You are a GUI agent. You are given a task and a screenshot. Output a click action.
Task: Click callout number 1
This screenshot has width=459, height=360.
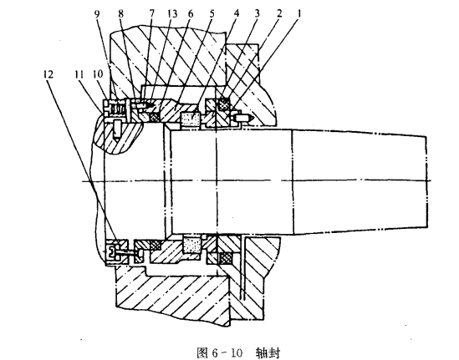click(299, 14)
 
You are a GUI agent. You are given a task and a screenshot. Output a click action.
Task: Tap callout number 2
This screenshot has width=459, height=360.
click(279, 14)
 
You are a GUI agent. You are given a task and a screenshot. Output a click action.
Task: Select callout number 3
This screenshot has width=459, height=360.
click(258, 14)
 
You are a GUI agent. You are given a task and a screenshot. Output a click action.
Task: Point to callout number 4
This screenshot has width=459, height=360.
click(237, 14)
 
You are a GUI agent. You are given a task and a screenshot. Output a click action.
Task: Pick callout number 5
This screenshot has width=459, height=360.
click(212, 14)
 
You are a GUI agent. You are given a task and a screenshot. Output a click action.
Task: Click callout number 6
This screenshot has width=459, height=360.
click(191, 14)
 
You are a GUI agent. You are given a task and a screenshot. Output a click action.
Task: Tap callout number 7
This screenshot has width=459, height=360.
click(151, 14)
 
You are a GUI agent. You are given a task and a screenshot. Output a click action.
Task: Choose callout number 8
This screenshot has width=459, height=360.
click(120, 14)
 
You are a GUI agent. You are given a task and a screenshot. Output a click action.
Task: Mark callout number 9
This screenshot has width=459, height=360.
click(98, 14)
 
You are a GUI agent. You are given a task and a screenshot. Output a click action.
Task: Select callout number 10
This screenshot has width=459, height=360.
click(98, 74)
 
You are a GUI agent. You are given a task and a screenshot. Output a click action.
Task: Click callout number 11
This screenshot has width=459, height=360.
click(79, 74)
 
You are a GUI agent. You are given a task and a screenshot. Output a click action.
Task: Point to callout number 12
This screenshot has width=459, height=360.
click(48, 74)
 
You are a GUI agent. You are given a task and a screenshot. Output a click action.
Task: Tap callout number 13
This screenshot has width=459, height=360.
click(172, 14)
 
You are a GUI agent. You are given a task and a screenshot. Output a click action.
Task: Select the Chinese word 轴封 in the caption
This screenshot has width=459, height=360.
click(268, 353)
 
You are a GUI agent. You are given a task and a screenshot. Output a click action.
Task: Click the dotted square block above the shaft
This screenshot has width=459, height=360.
click(190, 120)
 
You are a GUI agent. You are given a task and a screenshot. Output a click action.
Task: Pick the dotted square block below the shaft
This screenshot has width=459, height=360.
click(192, 245)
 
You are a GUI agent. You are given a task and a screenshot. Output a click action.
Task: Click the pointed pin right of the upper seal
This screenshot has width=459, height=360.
click(244, 118)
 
